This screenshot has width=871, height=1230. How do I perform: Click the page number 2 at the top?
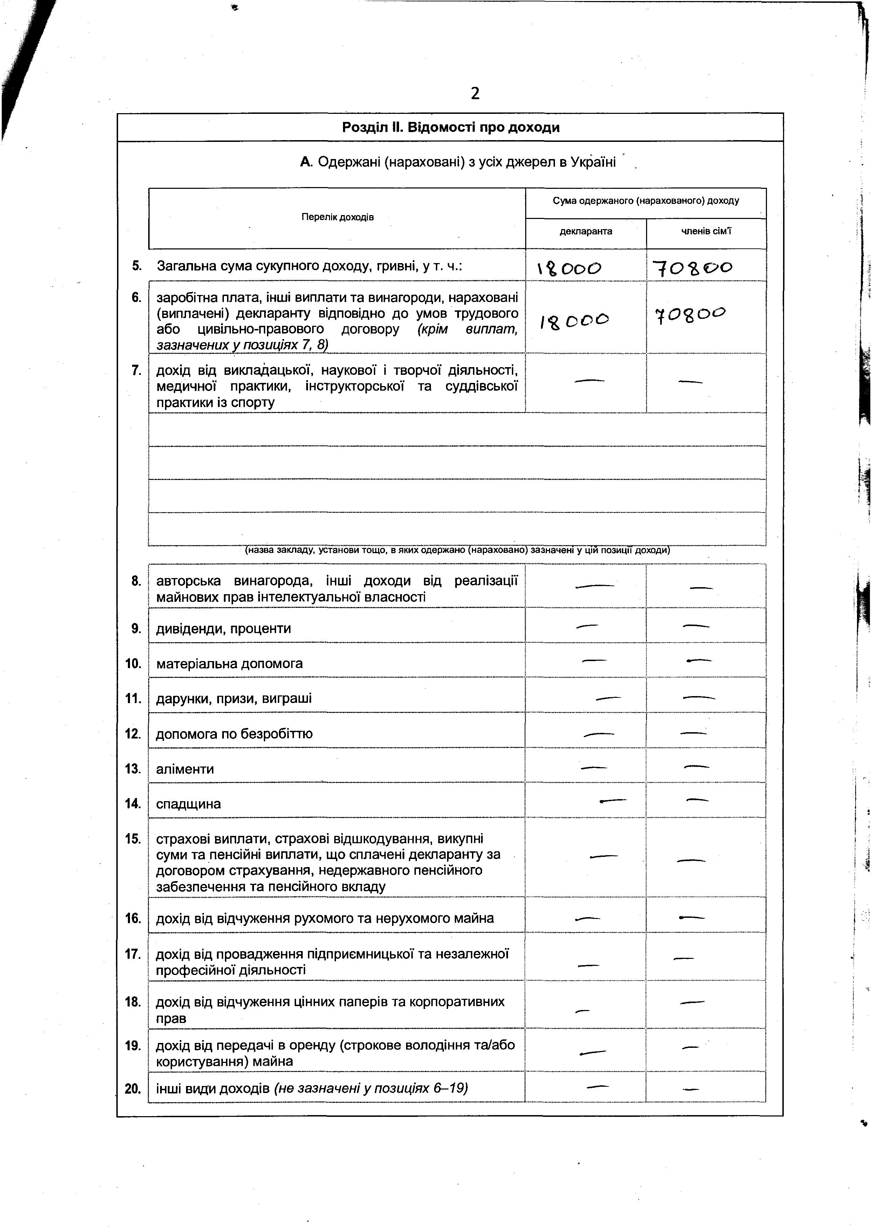475,94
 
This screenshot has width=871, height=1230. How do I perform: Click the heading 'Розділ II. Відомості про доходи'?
451,128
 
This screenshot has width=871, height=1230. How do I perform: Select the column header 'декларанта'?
586,232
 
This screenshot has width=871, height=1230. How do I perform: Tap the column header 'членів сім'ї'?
706,232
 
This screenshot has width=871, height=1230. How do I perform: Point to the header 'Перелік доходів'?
337,217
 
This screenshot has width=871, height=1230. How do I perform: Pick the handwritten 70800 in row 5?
692,268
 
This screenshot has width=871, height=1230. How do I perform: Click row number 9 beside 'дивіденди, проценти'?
136,628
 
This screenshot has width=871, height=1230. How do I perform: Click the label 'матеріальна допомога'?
229,664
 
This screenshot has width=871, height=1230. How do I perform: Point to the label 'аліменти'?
185,769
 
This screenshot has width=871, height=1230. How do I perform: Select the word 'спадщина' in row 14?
188,804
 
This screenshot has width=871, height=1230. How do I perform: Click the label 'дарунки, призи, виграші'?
233,699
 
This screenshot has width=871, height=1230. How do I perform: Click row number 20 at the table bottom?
132,1089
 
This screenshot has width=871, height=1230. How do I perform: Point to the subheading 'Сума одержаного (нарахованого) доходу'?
646,201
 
